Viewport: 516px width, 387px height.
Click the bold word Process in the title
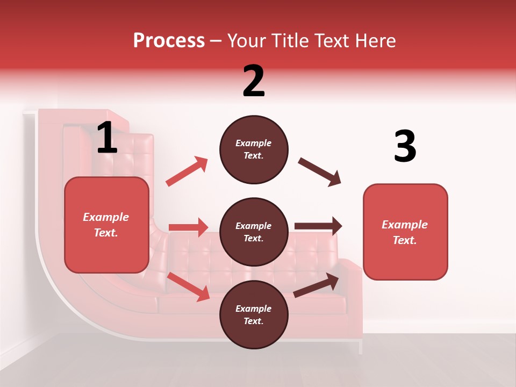coord(169,40)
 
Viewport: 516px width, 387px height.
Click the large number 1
coord(107,138)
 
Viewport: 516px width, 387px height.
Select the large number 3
coord(405,146)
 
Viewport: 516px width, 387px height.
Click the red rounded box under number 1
coord(106,225)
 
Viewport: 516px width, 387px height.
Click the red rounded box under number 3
coord(405,232)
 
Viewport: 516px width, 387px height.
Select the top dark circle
coord(254,149)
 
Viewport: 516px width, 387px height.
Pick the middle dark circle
coord(254,232)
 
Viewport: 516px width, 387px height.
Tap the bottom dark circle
coord(254,315)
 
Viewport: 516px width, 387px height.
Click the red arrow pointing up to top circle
coord(187,171)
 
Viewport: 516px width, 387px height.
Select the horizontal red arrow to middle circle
coord(188,227)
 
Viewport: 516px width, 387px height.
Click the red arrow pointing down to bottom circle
coord(188,286)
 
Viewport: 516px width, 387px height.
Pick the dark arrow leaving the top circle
coord(319,172)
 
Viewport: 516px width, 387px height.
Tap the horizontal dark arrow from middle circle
coord(318,226)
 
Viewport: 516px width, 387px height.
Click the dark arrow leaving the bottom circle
coord(317,285)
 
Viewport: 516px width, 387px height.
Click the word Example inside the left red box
coord(106,217)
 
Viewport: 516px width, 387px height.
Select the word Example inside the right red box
coord(405,225)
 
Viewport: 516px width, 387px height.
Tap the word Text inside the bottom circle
coord(253,321)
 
